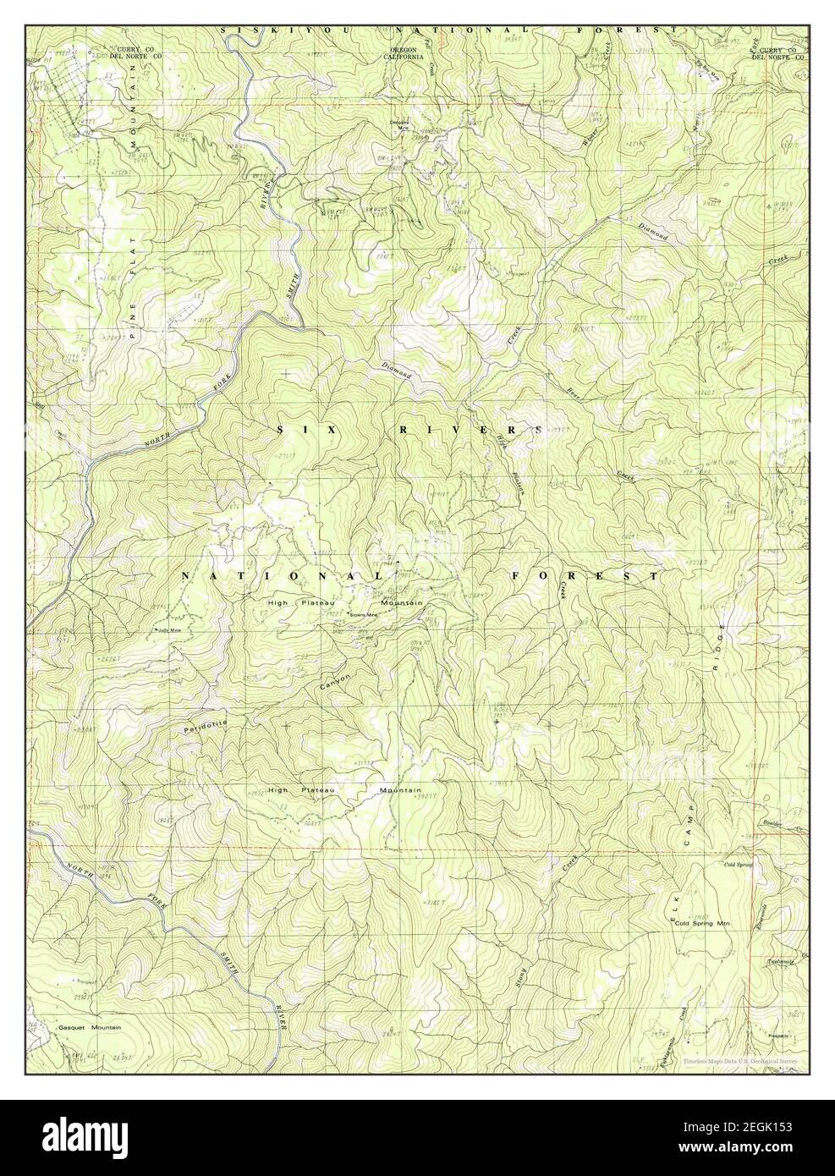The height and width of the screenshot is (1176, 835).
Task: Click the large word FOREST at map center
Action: pyautogui.click(x=584, y=576)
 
